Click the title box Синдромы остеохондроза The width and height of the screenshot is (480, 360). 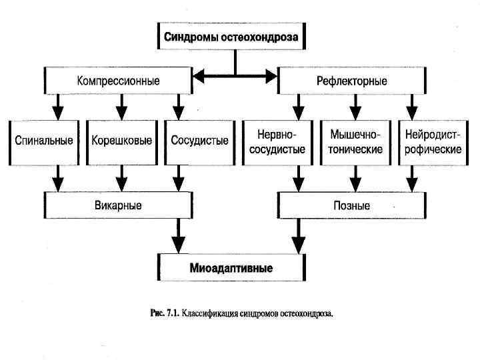tap(231, 37)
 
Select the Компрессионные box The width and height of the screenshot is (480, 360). tap(118, 81)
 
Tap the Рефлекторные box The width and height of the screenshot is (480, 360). tap(351, 81)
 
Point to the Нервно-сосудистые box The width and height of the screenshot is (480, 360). tap(277, 141)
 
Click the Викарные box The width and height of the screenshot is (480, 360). tap(118, 205)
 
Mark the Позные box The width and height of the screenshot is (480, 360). tap(351, 205)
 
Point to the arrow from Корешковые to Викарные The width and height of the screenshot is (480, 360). tap(121, 178)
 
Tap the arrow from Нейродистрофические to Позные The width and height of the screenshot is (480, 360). tap(411, 178)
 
